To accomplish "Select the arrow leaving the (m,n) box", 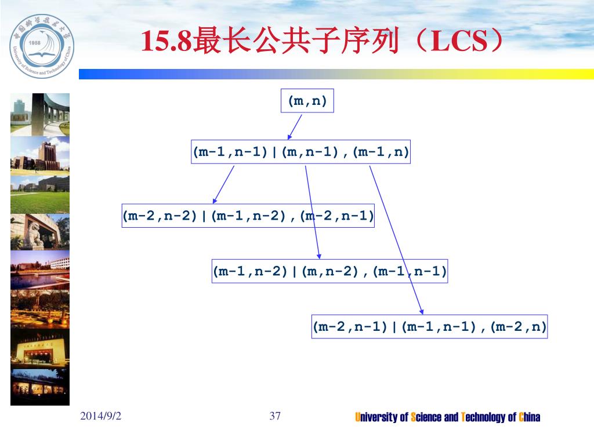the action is tap(295, 127).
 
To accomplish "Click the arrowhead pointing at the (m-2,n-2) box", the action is tap(215, 200).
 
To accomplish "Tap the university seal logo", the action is tap(42, 46).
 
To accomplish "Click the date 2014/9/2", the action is tap(101, 416).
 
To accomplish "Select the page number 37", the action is tap(275, 416).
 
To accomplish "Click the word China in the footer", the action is tap(530, 417).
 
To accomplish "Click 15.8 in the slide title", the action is tap(166, 41).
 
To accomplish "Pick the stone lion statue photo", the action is tap(40, 232).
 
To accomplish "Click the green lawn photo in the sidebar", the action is tap(40, 195).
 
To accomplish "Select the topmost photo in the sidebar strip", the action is tap(40, 115).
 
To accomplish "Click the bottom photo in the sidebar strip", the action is tap(40, 387).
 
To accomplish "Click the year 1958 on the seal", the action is tap(34, 43).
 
